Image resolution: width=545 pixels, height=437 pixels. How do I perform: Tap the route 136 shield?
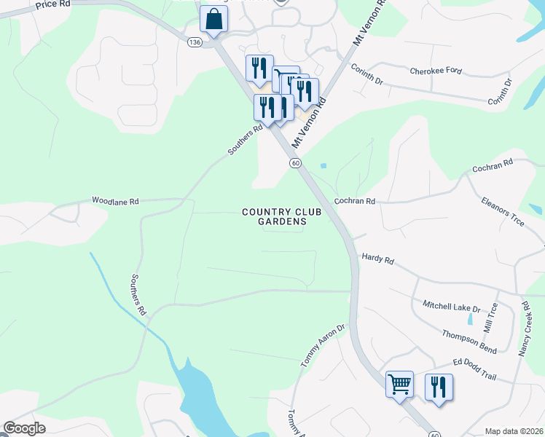pos(194,43)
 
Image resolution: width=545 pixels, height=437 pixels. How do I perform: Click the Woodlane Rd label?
pos(114,200)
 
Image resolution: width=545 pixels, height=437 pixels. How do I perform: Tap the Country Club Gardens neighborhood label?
pos(274,217)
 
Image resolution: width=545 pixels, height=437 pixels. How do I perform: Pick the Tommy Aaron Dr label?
pos(322,346)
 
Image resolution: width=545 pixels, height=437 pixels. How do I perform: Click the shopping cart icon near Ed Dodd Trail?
pos(399,384)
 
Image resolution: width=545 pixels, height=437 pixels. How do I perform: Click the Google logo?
pos(25,428)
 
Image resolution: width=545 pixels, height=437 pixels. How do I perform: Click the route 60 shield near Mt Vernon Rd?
pos(296,163)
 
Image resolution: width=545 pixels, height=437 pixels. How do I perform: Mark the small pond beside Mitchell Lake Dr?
pos(470,319)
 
